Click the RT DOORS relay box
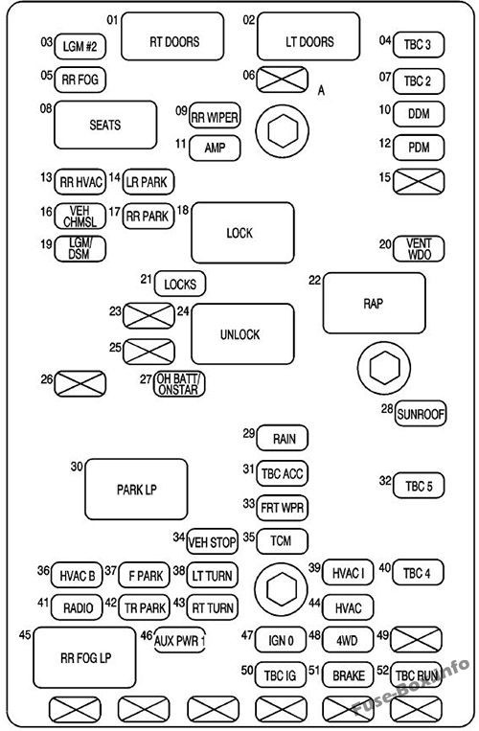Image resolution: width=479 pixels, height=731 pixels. pyautogui.click(x=173, y=41)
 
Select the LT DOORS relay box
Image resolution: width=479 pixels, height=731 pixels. pyautogui.click(x=308, y=41)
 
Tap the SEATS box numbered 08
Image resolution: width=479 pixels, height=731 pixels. pyautogui.click(x=105, y=125)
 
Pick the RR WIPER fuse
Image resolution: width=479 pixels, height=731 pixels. pyautogui.click(x=215, y=117)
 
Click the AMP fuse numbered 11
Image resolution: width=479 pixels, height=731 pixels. pyautogui.click(x=215, y=148)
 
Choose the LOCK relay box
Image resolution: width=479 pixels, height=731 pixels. pyautogui.click(x=242, y=233)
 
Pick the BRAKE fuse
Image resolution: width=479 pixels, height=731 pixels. pyautogui.click(x=348, y=675)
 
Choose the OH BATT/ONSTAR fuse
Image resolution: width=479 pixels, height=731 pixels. pyautogui.click(x=180, y=384)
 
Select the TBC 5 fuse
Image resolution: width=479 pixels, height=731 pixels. pyautogui.click(x=419, y=486)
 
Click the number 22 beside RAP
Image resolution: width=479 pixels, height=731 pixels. pyautogui.click(x=313, y=280)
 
